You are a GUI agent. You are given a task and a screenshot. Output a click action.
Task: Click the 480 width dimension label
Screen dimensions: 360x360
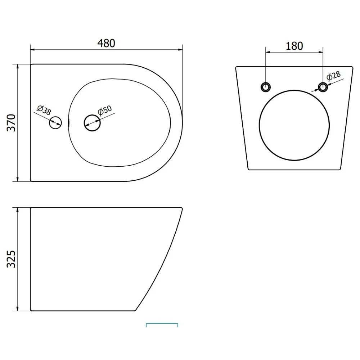(x=106, y=43)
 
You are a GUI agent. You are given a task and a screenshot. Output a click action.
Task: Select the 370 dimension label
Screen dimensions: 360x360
(x=11, y=123)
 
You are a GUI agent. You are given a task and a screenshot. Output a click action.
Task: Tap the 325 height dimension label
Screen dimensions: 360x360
(x=11, y=259)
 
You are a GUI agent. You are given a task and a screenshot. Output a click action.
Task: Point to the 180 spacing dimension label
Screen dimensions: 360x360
(x=294, y=46)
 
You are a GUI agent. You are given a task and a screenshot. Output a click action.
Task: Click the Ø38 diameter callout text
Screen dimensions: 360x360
(x=44, y=110)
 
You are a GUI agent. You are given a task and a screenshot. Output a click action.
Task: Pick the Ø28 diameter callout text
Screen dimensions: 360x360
(x=334, y=76)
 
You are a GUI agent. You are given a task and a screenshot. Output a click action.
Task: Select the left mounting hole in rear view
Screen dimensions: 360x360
(x=266, y=87)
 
